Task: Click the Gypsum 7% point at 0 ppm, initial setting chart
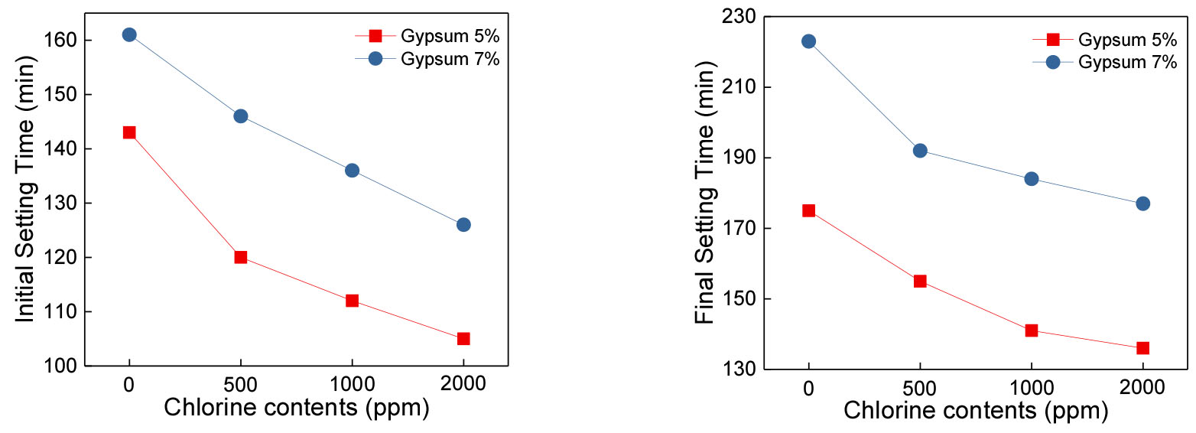(x=129, y=34)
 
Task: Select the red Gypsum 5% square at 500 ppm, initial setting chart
(x=241, y=257)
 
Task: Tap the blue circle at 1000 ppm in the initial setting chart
(x=352, y=170)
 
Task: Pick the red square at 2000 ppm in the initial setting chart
(x=463, y=338)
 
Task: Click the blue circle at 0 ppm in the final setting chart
(x=808, y=41)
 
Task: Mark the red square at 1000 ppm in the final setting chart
(x=1032, y=330)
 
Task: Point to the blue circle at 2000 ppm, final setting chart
(x=1143, y=203)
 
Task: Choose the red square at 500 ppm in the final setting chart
(x=920, y=281)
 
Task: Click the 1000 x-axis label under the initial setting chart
(x=352, y=385)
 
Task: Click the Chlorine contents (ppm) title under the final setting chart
(x=976, y=411)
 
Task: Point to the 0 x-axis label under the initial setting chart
(x=129, y=385)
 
